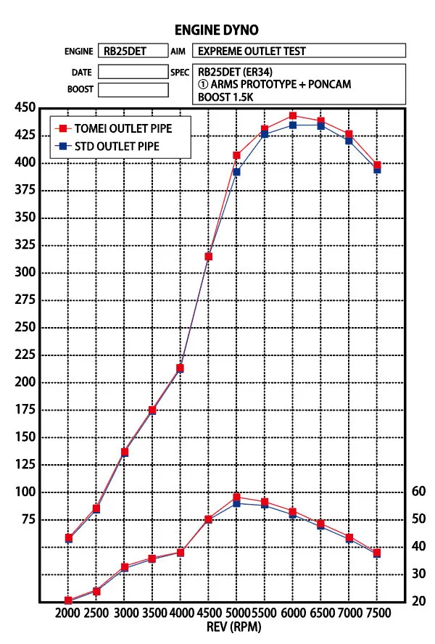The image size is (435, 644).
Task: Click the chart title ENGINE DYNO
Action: (216, 30)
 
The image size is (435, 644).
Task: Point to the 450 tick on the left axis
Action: (25, 108)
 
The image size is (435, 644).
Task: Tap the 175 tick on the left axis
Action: (25, 410)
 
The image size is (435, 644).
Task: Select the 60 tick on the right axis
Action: (418, 491)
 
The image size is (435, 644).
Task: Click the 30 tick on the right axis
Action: (418, 574)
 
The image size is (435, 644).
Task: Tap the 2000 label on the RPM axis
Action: (67, 614)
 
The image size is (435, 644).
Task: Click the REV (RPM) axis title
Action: (223, 627)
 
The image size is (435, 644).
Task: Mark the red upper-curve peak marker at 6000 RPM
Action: (293, 116)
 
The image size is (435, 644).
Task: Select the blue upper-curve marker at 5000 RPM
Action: (236, 172)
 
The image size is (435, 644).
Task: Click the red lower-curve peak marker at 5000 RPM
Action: (236, 498)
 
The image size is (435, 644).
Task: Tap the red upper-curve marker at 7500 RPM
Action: (377, 165)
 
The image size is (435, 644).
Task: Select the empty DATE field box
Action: (133, 72)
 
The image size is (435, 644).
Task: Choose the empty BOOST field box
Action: (133, 90)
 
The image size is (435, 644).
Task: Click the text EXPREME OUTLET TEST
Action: (252, 51)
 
